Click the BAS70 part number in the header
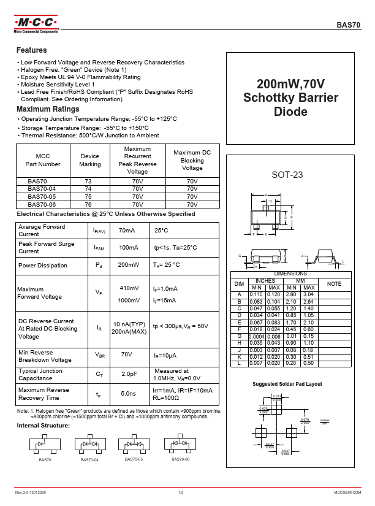[x=349, y=25]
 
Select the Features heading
[x=31, y=50]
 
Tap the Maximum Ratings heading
[x=48, y=109]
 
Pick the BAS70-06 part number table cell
[x=42, y=204]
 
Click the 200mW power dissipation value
[x=127, y=266]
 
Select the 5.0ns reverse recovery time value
[x=127, y=394]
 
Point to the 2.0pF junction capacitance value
[x=128, y=374]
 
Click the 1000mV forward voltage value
[x=128, y=301]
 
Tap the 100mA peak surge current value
[x=127, y=248]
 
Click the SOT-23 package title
[x=287, y=175]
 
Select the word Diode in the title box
[x=290, y=113]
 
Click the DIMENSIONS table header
[x=290, y=274]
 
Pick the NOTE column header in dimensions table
[x=334, y=284]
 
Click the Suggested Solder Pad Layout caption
[x=287, y=384]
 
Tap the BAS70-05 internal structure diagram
[x=133, y=444]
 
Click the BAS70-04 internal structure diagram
[x=89, y=444]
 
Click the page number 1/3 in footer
[x=181, y=493]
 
